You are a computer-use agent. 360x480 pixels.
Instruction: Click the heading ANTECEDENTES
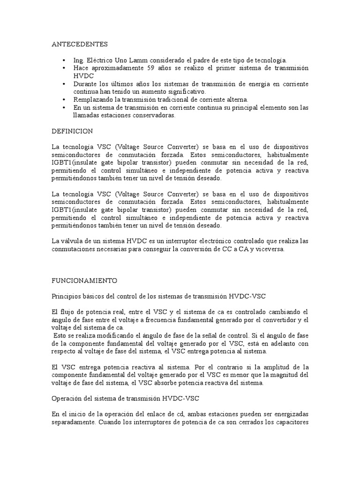pyautogui.click(x=80, y=45)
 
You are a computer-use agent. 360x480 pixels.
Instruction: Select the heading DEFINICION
pyautogui.click(x=72, y=131)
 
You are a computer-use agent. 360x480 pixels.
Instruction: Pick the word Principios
pyautogui.click(x=66, y=296)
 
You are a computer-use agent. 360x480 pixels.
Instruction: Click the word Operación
pyautogui.click(x=67, y=398)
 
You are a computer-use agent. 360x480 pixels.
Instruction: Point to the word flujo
pyautogui.click(x=70, y=312)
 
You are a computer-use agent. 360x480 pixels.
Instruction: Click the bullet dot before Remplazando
pyautogui.click(x=64, y=99)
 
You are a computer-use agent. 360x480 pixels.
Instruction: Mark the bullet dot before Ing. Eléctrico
pyautogui.click(x=64, y=60)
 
